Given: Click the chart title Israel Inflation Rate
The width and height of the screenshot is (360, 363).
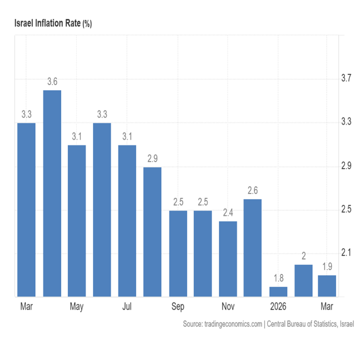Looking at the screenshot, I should [x=47, y=24].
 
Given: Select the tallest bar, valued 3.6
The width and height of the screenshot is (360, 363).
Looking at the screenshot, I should [x=52, y=193].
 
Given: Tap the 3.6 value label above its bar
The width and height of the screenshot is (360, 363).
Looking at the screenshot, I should [x=52, y=82].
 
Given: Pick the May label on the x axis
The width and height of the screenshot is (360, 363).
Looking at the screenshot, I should [x=77, y=307].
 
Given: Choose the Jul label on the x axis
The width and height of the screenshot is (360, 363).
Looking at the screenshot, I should [x=127, y=307].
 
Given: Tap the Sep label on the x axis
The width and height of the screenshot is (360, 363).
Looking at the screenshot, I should [x=178, y=307].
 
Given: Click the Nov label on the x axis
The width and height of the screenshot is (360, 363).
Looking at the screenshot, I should [x=228, y=307].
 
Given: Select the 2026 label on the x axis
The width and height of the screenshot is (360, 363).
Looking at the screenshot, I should [x=278, y=307].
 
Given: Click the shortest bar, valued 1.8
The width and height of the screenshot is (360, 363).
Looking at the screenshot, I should [x=278, y=291].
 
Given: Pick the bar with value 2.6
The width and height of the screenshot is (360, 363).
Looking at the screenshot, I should [x=253, y=247].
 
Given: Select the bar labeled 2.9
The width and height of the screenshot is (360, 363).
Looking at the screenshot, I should [x=152, y=231].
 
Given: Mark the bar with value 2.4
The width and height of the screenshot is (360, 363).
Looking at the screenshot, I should [x=228, y=259].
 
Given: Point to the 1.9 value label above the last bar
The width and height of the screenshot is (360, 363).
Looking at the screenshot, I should [x=327, y=267].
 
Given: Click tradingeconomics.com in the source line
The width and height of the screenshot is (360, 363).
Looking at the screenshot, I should [x=232, y=324].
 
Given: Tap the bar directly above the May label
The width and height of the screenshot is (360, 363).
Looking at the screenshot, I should [x=77, y=220].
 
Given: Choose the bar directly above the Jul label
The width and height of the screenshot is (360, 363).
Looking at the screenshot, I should [x=127, y=220].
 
